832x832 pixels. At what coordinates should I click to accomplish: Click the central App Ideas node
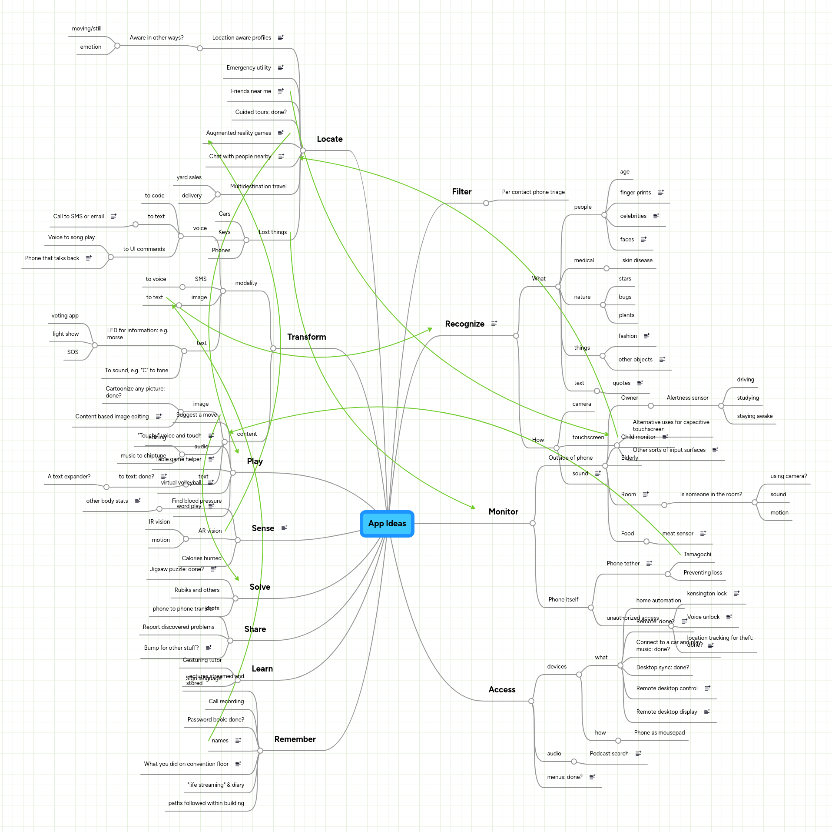coord(387,524)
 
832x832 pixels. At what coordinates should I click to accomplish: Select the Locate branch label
coord(330,139)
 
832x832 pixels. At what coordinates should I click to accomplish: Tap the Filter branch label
coord(461,192)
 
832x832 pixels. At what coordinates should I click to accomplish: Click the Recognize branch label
coord(464,324)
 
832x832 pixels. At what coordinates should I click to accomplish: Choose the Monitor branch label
coord(503,512)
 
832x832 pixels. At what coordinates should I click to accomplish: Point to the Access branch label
coord(502,690)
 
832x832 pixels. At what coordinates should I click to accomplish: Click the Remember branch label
coord(295,739)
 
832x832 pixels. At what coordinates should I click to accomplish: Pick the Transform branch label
coord(306,337)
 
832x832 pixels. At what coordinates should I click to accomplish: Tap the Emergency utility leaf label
coord(249,68)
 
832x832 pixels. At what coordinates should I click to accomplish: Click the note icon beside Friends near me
coord(281,91)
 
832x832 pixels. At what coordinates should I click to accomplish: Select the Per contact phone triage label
coord(533,192)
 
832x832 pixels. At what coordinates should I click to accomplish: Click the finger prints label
coord(635,193)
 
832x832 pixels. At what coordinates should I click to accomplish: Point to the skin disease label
coord(637,261)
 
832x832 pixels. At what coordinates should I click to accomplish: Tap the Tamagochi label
coord(697,555)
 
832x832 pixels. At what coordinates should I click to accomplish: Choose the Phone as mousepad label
coord(659,733)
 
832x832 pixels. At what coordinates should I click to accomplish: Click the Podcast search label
coord(609,754)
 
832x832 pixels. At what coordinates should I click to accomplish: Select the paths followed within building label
coord(206,803)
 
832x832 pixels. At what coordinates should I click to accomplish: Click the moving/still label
coord(86,29)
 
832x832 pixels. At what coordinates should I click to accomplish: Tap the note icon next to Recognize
coord(494,324)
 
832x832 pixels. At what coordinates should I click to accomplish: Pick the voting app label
coord(65,316)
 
